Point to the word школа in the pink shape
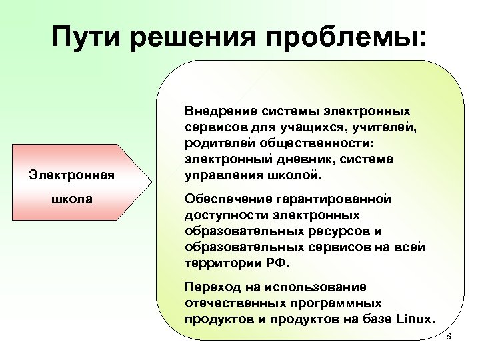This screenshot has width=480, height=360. click(x=71, y=199)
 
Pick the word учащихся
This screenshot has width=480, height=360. click(x=313, y=126)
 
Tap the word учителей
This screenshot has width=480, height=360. click(x=382, y=126)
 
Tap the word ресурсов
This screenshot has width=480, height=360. click(x=341, y=231)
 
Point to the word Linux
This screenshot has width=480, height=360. click(x=417, y=319)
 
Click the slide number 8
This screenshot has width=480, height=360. click(x=448, y=337)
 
